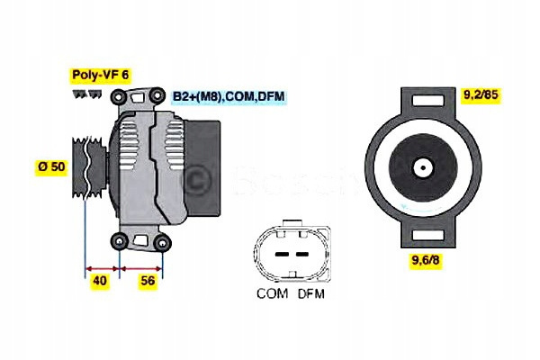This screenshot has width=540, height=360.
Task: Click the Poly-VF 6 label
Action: (99, 76)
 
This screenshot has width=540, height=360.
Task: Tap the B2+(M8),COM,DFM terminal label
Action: (229, 95)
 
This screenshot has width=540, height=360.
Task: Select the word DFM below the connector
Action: (310, 294)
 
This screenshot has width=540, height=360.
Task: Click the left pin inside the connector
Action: (280, 255)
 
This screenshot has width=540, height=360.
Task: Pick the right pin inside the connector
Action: (299, 255)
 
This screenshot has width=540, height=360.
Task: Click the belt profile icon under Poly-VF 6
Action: (86, 94)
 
